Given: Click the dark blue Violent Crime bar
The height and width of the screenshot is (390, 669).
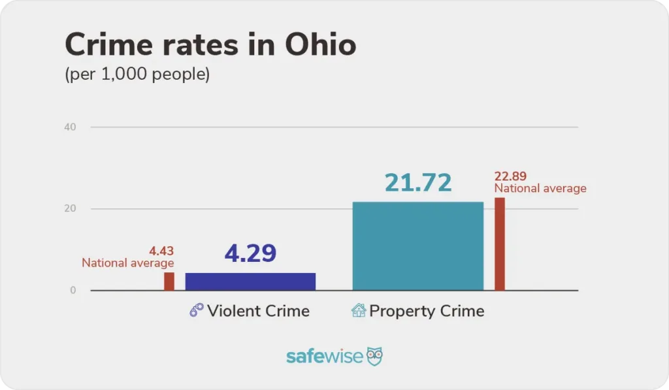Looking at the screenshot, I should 250,282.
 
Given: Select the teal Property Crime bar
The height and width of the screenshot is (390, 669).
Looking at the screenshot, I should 418,246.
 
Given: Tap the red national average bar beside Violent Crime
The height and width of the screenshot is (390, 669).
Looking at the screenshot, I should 169,282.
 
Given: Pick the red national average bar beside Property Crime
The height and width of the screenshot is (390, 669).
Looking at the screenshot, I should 500,244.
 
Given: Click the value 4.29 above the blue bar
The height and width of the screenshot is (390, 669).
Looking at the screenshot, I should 250,253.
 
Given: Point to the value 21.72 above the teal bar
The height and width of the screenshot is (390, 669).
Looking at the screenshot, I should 418,183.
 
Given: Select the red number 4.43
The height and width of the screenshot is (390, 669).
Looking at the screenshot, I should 161,251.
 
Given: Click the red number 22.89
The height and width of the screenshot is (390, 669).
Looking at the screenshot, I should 510,176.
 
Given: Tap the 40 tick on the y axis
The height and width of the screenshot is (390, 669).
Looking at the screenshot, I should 70,127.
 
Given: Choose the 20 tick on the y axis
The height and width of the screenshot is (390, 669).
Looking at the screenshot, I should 70,209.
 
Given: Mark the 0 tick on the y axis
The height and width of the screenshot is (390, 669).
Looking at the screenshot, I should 73,291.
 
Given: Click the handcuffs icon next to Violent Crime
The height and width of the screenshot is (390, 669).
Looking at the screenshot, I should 197,310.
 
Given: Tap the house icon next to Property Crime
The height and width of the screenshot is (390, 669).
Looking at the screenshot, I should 359,310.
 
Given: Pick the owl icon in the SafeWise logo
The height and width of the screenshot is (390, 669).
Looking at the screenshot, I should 374,356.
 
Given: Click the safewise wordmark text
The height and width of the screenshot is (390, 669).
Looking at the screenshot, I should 324,357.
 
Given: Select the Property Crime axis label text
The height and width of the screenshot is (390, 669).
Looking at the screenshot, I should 427,310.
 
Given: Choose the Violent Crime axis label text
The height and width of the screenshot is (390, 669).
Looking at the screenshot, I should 258,310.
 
